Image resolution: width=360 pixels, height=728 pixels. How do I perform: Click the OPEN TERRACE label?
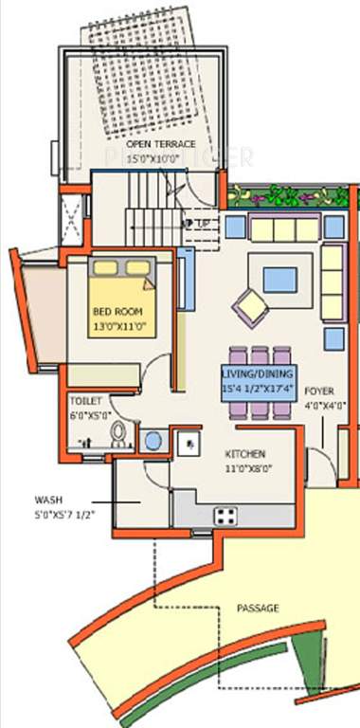160,144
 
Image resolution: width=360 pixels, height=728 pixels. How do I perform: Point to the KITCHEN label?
244,454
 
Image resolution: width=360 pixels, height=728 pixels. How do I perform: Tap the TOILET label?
85,401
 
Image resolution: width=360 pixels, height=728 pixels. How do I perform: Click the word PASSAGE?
257,609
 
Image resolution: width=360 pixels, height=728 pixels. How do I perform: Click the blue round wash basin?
152,440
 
